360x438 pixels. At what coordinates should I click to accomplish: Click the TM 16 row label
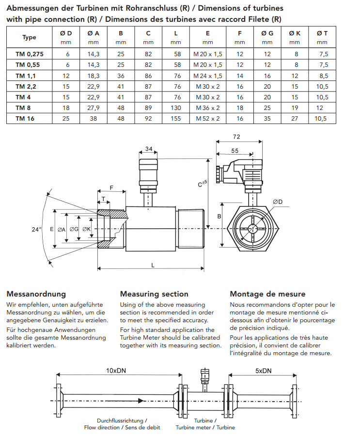pos(23,118)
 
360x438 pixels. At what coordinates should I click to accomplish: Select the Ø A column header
pos(94,33)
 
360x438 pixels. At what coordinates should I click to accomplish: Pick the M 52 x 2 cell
pos(207,118)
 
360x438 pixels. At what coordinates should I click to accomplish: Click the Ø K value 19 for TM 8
pos(295,108)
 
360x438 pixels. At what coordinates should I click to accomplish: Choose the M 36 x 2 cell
pos(207,108)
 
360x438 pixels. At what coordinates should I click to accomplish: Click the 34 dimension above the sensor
pos(149,148)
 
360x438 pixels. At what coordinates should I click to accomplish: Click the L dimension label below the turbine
pos(153,265)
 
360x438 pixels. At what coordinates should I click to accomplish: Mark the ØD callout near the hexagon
pos(278,201)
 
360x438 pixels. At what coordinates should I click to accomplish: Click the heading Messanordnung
pos(36,294)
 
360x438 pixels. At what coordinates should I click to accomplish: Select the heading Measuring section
pos(154,294)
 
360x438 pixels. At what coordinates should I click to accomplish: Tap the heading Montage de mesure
pos(267,294)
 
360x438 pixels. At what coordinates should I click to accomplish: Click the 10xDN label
pos(117,371)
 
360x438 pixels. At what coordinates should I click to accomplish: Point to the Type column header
pos(29,37)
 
